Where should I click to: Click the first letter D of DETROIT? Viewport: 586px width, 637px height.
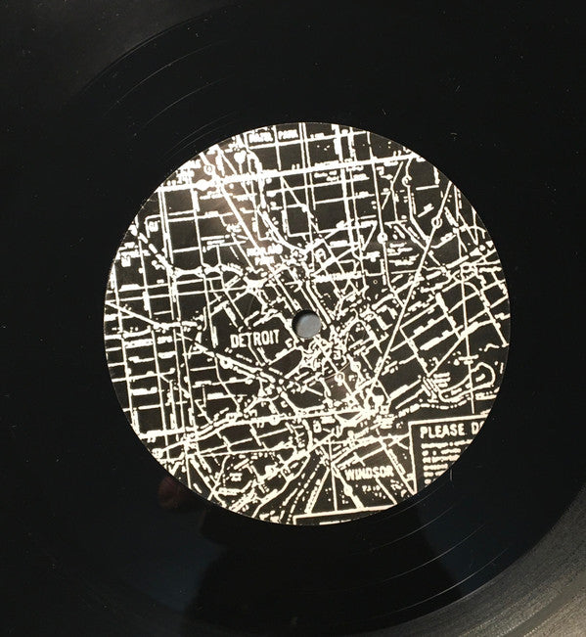pos(233,338)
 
